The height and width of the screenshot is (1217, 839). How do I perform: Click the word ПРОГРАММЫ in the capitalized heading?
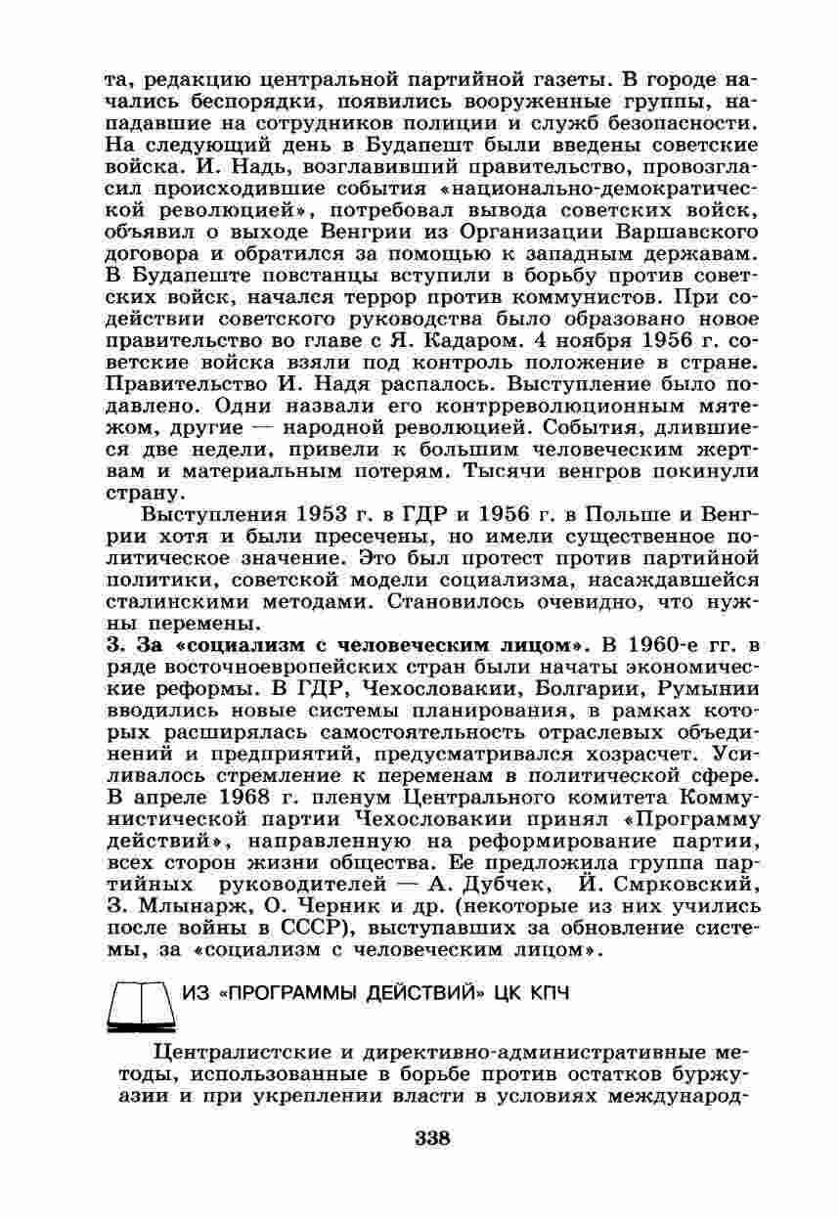coord(309,993)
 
